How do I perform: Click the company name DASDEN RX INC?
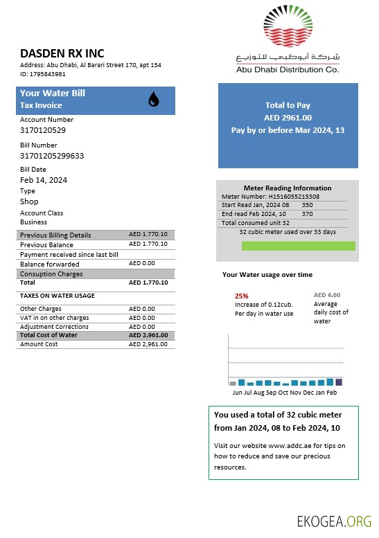pos(62,53)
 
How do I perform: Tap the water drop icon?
pos(153,100)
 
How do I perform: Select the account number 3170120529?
pos(43,130)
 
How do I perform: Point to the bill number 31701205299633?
pos(52,156)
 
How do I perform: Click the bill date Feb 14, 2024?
pos(44,180)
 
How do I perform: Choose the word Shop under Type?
pos(29,201)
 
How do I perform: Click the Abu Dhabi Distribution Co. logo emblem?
pos(287,28)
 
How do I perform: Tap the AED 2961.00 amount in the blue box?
pos(288,118)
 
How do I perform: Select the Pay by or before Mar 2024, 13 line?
pos(288,130)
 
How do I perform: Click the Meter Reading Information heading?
pos(288,188)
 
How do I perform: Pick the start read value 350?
pos(308,205)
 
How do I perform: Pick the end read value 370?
pos(308,214)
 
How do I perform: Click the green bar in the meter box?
pos(317,246)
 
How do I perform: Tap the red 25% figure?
pos(242,296)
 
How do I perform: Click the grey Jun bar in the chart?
pos(233,383)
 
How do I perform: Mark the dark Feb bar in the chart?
pos(338,382)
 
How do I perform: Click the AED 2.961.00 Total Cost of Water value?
pos(148,335)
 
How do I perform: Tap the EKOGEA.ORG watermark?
pos(334,521)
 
